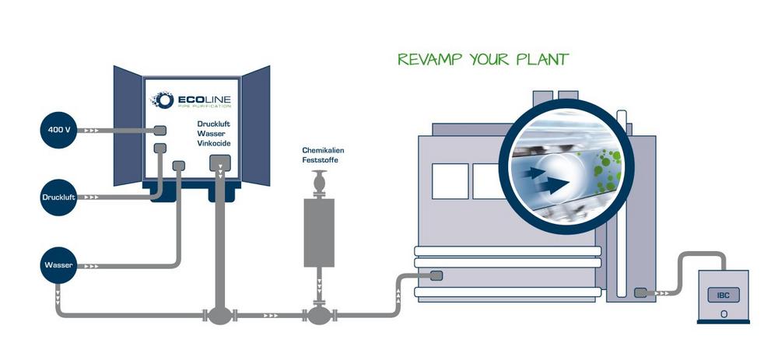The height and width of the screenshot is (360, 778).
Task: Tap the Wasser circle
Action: (59, 266)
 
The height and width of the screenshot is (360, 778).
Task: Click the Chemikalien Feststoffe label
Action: (321, 155)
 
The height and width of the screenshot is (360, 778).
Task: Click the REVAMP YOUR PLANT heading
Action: (482, 60)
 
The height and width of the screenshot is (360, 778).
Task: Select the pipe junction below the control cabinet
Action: (220, 315)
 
